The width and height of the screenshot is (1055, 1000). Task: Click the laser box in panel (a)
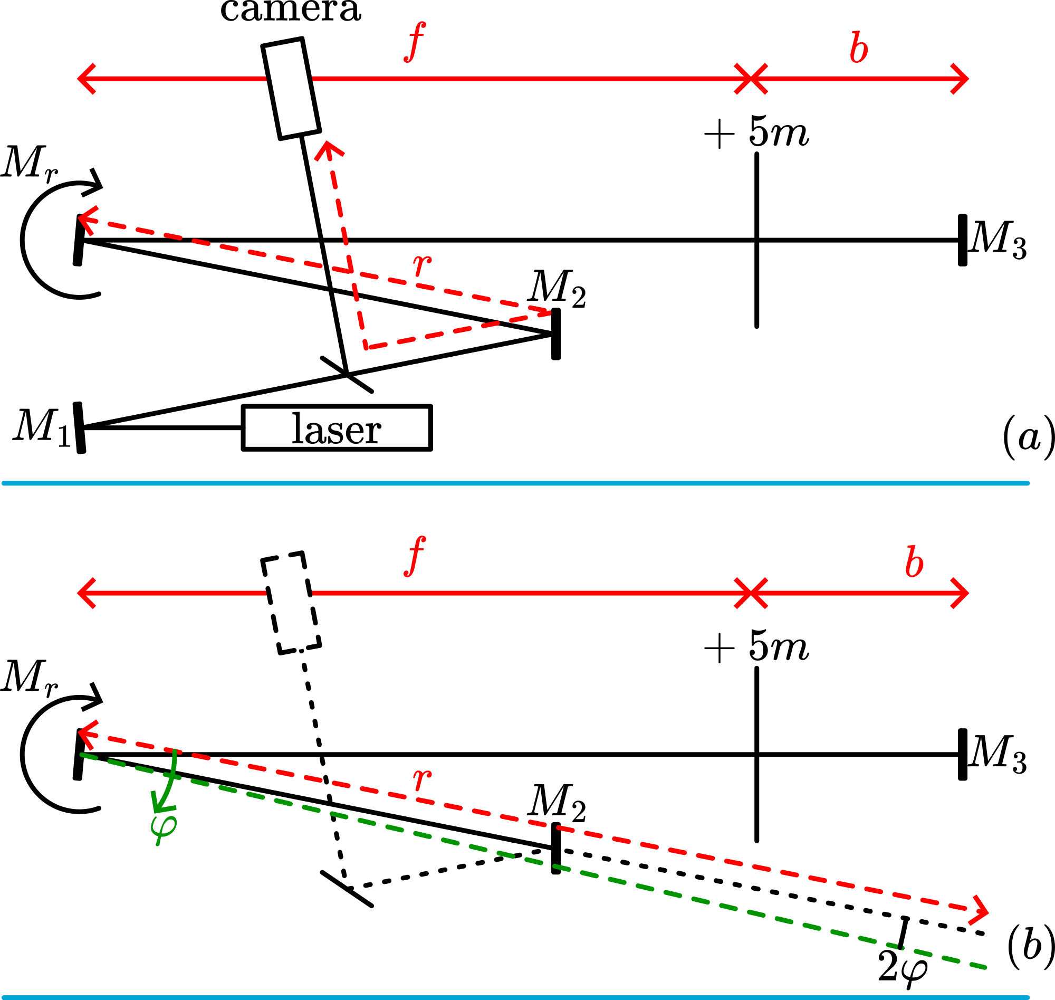(337, 428)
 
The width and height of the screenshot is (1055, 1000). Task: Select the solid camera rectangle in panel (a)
(291, 89)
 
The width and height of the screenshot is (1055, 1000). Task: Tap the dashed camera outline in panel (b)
(291, 603)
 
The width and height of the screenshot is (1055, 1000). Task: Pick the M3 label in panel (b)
(999, 754)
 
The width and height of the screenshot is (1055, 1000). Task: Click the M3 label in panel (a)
(999, 240)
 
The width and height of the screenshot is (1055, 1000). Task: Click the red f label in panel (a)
(415, 43)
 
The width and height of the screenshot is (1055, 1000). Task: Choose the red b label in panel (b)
(914, 563)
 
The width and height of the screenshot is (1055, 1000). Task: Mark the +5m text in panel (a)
(756, 132)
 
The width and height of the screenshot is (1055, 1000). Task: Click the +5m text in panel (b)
(756, 646)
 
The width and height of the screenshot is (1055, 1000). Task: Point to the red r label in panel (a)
(423, 263)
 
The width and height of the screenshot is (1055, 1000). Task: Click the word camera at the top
(291, 9)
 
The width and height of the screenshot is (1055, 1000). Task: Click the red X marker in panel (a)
(751, 78)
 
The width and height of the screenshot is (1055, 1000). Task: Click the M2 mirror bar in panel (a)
(556, 334)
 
